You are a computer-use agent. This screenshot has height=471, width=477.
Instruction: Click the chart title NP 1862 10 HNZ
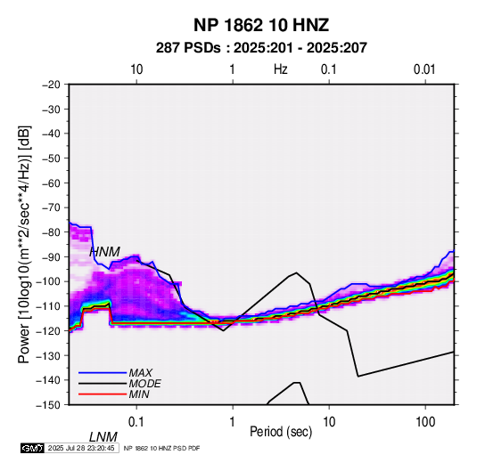coord(261,25)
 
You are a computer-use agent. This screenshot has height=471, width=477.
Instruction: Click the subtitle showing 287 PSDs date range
coord(261,48)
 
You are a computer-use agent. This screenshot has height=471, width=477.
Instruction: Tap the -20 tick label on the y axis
coord(51,85)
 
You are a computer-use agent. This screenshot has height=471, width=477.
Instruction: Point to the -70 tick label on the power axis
coord(51,207)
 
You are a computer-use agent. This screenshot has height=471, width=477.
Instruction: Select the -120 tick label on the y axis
coord(48,330)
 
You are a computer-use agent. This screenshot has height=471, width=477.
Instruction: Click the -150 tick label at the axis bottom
coord(48,405)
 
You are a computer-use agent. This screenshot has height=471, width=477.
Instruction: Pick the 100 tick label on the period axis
coord(425,422)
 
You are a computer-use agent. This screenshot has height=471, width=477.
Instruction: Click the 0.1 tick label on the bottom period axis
coord(136,422)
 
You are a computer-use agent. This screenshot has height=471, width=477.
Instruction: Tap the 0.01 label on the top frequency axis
coord(424,69)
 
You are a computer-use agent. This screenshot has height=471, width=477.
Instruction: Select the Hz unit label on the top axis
coord(281,69)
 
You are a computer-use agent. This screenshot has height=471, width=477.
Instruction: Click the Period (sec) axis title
coord(281,432)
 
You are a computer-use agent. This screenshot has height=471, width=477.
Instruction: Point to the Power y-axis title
coord(24,244)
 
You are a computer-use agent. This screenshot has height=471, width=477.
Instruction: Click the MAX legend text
coord(140,373)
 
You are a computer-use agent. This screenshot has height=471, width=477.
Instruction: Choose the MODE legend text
coord(144,384)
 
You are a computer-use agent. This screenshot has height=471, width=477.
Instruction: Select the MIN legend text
coord(139,394)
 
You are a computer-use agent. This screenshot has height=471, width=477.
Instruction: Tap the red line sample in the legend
coord(103,394)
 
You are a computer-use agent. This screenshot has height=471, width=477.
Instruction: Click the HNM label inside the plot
coord(104,252)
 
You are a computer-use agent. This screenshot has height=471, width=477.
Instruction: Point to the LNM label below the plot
coord(103,437)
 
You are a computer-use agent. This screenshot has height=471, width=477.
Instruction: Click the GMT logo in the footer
coord(33,448)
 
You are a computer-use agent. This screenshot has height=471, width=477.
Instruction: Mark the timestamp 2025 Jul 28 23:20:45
coord(81,448)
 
